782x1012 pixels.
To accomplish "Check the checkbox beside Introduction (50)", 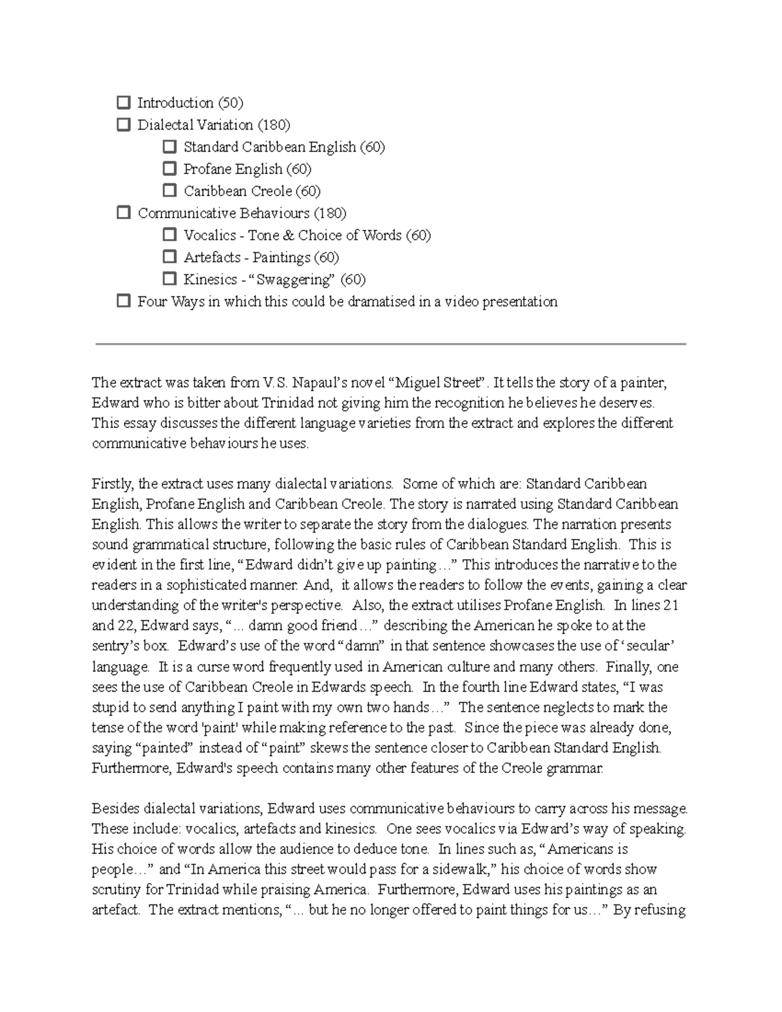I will [x=123, y=102].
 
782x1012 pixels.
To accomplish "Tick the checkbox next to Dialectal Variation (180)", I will [x=123, y=124].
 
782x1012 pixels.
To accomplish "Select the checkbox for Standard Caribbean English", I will [x=169, y=147].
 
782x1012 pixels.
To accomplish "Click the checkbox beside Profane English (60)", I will [x=169, y=169].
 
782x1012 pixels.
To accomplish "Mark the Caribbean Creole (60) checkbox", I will [x=169, y=191].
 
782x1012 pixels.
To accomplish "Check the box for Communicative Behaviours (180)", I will [x=123, y=213].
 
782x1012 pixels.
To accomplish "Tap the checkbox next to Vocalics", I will [x=169, y=235].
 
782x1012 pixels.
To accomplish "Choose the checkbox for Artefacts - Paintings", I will [x=169, y=257].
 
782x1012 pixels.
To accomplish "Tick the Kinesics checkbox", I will [x=169, y=280].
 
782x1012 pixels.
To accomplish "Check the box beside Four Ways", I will [x=123, y=302].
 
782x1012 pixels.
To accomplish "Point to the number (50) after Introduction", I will [x=230, y=103].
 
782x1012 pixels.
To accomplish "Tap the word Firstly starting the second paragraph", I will [x=112, y=484].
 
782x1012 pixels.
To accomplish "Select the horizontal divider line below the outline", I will [x=391, y=344].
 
